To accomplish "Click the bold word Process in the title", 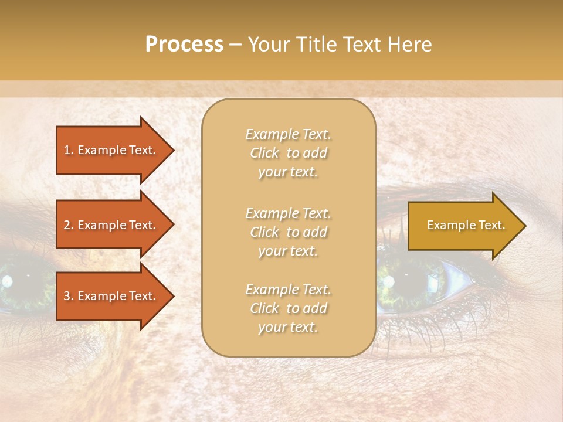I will coord(184,45).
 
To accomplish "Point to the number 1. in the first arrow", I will coord(69,150).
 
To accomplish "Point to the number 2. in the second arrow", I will coord(69,225).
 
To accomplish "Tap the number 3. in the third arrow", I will coord(69,296).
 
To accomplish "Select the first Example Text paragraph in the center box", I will coord(288,153).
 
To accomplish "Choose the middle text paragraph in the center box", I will coord(288,232).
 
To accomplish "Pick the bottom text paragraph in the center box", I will coord(288,308).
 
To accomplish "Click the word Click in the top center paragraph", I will coord(264,153).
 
